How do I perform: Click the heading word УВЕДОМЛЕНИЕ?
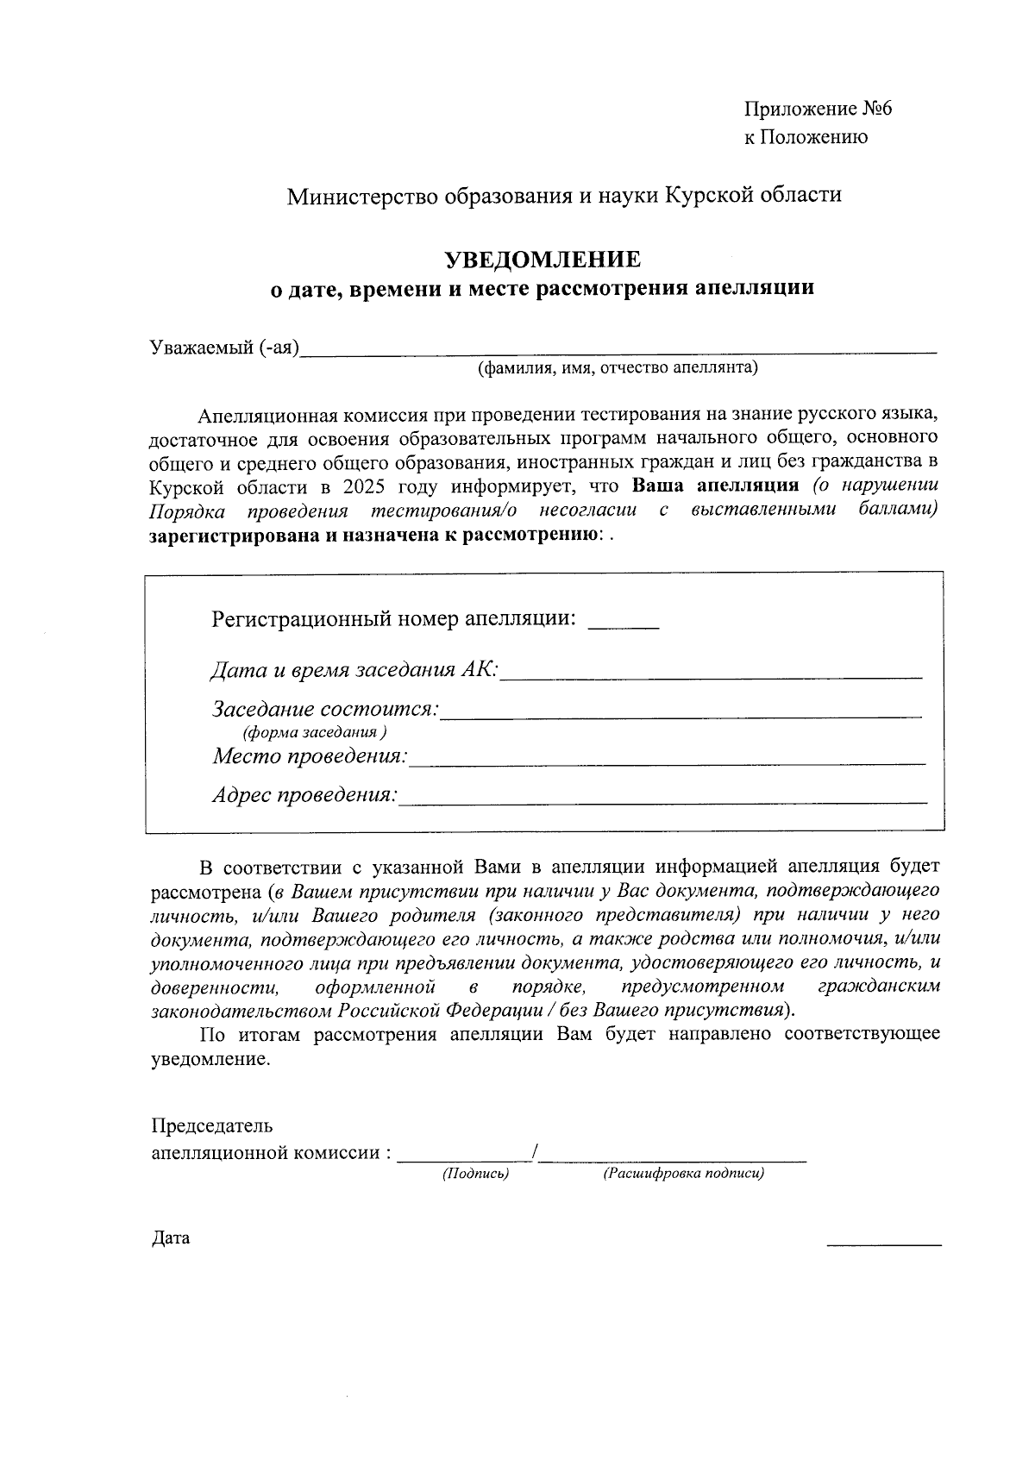tap(542, 260)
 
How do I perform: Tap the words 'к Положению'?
tap(806, 137)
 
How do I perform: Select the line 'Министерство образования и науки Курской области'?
tap(564, 196)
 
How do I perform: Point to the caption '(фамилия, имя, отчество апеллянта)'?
tap(618, 369)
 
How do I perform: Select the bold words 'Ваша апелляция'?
tap(716, 485)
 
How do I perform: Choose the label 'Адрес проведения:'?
tap(305, 795)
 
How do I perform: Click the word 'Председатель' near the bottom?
tap(212, 1125)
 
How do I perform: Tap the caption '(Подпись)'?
tap(475, 1174)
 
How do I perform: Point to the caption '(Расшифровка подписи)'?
tap(684, 1174)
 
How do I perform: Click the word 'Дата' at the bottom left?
tap(171, 1238)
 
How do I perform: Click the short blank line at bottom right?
tap(883, 1242)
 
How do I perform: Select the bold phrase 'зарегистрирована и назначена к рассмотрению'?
tap(374, 536)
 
